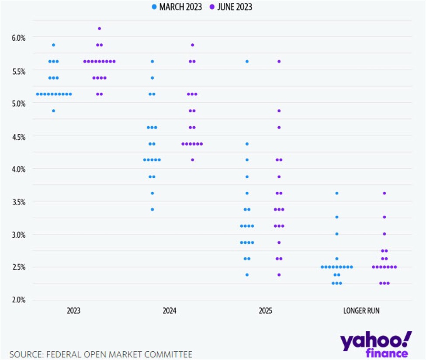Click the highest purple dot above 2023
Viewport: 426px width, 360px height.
coord(100,28)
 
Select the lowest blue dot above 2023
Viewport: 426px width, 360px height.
coord(53,111)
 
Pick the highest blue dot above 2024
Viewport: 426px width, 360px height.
coord(152,61)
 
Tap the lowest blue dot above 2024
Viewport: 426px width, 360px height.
coord(152,209)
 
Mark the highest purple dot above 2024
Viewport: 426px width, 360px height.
coord(192,45)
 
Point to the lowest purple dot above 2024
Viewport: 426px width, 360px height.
coord(192,160)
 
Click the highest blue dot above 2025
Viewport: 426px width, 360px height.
coord(247,61)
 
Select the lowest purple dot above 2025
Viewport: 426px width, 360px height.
coord(279,275)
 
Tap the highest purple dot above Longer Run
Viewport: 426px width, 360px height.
coord(384,193)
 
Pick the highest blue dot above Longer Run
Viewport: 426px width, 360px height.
coord(336,193)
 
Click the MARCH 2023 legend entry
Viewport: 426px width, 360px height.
coord(177,7)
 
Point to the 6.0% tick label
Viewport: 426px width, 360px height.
coord(18,38)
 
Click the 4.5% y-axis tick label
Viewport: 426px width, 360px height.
coord(18,136)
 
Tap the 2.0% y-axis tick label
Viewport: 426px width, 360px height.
coord(18,300)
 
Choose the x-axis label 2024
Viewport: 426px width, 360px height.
coord(170,311)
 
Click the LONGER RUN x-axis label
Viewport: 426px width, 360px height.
coord(361,311)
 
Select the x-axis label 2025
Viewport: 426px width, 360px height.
coord(265,311)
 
